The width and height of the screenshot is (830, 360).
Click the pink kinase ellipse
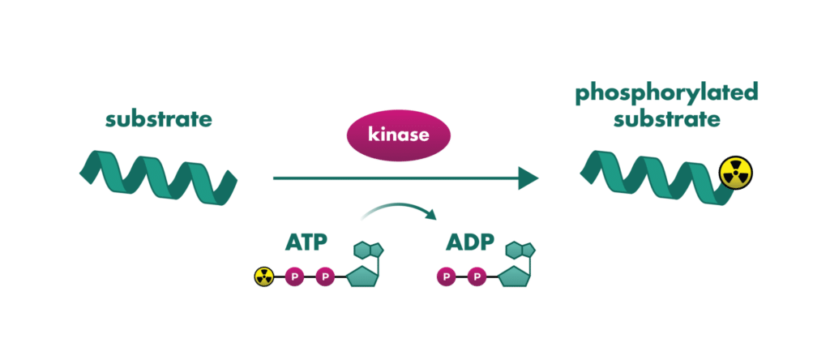[x=398, y=135]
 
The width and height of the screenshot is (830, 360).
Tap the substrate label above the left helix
[x=159, y=121]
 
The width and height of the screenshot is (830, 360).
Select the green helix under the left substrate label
[x=158, y=177]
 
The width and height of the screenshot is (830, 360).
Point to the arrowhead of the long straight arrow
[x=528, y=178]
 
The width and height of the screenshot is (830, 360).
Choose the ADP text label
[x=471, y=242]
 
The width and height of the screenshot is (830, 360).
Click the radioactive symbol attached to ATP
[x=264, y=277]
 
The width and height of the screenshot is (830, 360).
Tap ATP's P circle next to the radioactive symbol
[x=294, y=277]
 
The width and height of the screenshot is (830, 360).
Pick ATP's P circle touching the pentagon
[x=325, y=277]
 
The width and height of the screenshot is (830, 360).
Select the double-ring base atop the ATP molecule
[x=367, y=249]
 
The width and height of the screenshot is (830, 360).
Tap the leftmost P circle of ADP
[x=446, y=277]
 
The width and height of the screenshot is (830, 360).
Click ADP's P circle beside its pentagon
[x=477, y=277]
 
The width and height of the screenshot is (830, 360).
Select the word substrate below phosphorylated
[x=666, y=120]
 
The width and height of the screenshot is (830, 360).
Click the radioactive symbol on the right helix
[x=736, y=173]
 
